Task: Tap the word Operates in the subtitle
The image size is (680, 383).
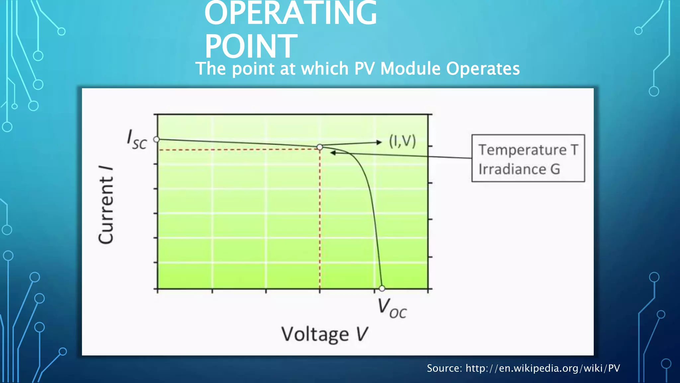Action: pyautogui.click(x=483, y=69)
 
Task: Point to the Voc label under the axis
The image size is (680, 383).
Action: pyautogui.click(x=392, y=309)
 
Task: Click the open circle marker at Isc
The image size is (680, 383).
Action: pyautogui.click(x=157, y=139)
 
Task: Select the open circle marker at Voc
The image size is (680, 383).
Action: pyautogui.click(x=382, y=288)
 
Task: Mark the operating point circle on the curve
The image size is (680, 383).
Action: pyautogui.click(x=320, y=147)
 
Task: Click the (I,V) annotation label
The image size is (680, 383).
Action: pyautogui.click(x=402, y=141)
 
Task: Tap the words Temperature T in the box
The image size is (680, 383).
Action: pyautogui.click(x=528, y=150)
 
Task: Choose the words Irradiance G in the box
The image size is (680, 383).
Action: pyautogui.click(x=519, y=169)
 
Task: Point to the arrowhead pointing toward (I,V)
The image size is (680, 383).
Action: pyautogui.click(x=379, y=142)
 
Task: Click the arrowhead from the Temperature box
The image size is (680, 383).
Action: pyautogui.click(x=333, y=153)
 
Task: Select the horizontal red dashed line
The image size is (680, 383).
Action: pyautogui.click(x=239, y=149)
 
